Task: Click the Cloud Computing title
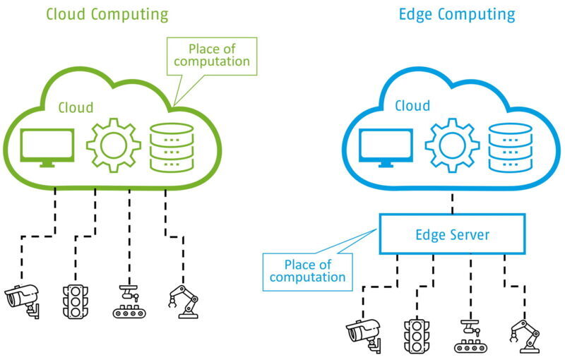(x=107, y=14)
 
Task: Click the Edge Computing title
(x=457, y=14)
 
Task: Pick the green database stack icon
(x=172, y=147)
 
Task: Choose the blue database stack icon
(x=509, y=147)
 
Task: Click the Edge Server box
(x=452, y=234)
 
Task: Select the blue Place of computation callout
(x=308, y=271)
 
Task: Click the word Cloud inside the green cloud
(x=75, y=107)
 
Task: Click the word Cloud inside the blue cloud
(x=412, y=106)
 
